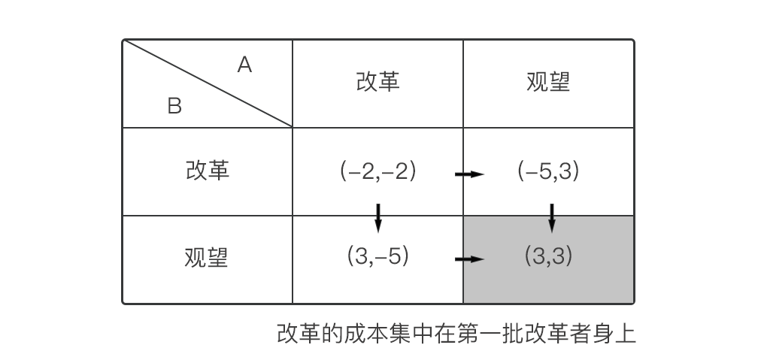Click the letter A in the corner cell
[244, 66]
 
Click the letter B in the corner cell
[174, 107]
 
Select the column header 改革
[377, 82]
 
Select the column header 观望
[548, 82]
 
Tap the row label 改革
[207, 171]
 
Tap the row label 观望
[207, 258]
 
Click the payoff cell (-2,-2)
[377, 171]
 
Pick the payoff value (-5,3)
[548, 171]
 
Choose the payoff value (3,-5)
[377, 257]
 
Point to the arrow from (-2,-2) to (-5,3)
[469, 174]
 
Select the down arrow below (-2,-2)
[377, 216]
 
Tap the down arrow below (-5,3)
[552, 216]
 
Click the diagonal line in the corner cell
[208, 83]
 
